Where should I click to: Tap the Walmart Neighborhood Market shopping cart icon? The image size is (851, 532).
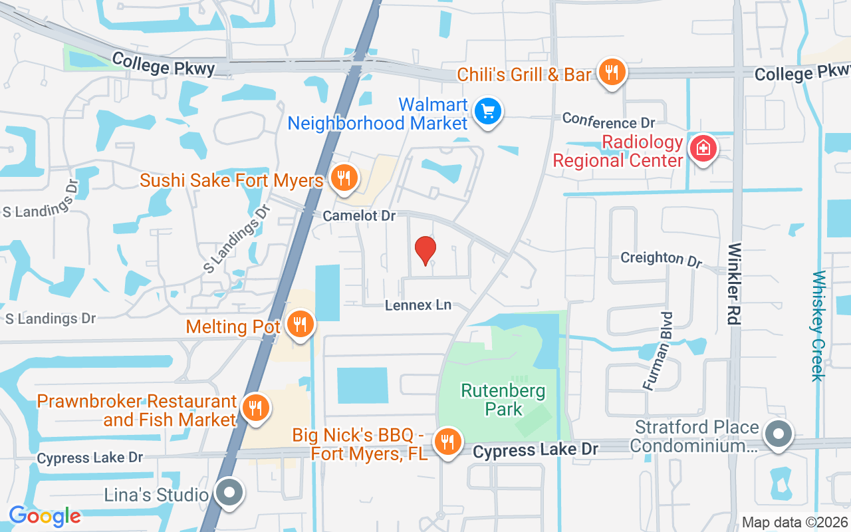point(489,112)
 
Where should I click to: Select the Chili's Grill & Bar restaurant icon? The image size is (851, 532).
point(611,72)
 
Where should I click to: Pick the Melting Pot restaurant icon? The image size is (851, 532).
point(301,325)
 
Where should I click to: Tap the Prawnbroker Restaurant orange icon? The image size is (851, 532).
point(254,408)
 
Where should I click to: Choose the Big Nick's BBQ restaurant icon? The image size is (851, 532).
point(448,442)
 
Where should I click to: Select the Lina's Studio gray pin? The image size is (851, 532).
point(230,493)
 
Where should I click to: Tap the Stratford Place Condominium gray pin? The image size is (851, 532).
point(778,435)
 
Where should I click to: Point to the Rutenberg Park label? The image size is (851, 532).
point(504,400)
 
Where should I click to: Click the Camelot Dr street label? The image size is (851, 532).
point(359,216)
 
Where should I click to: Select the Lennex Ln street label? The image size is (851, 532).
point(418,305)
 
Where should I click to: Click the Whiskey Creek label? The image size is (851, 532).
point(818,326)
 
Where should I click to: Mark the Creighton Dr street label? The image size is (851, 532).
point(661,258)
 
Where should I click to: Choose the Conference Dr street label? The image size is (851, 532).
point(608,120)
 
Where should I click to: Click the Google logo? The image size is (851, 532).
point(45,516)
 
